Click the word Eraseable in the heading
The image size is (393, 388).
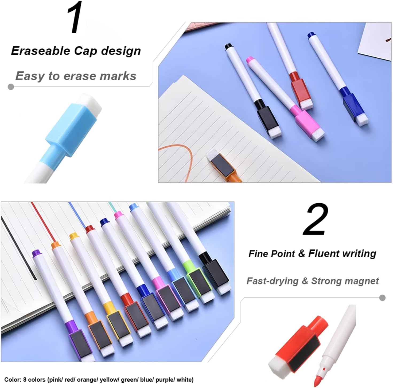point(41,51)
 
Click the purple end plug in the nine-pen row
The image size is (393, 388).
point(37,253)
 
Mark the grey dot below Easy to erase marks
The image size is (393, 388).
point(11,87)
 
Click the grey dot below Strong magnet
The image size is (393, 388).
point(382,298)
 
